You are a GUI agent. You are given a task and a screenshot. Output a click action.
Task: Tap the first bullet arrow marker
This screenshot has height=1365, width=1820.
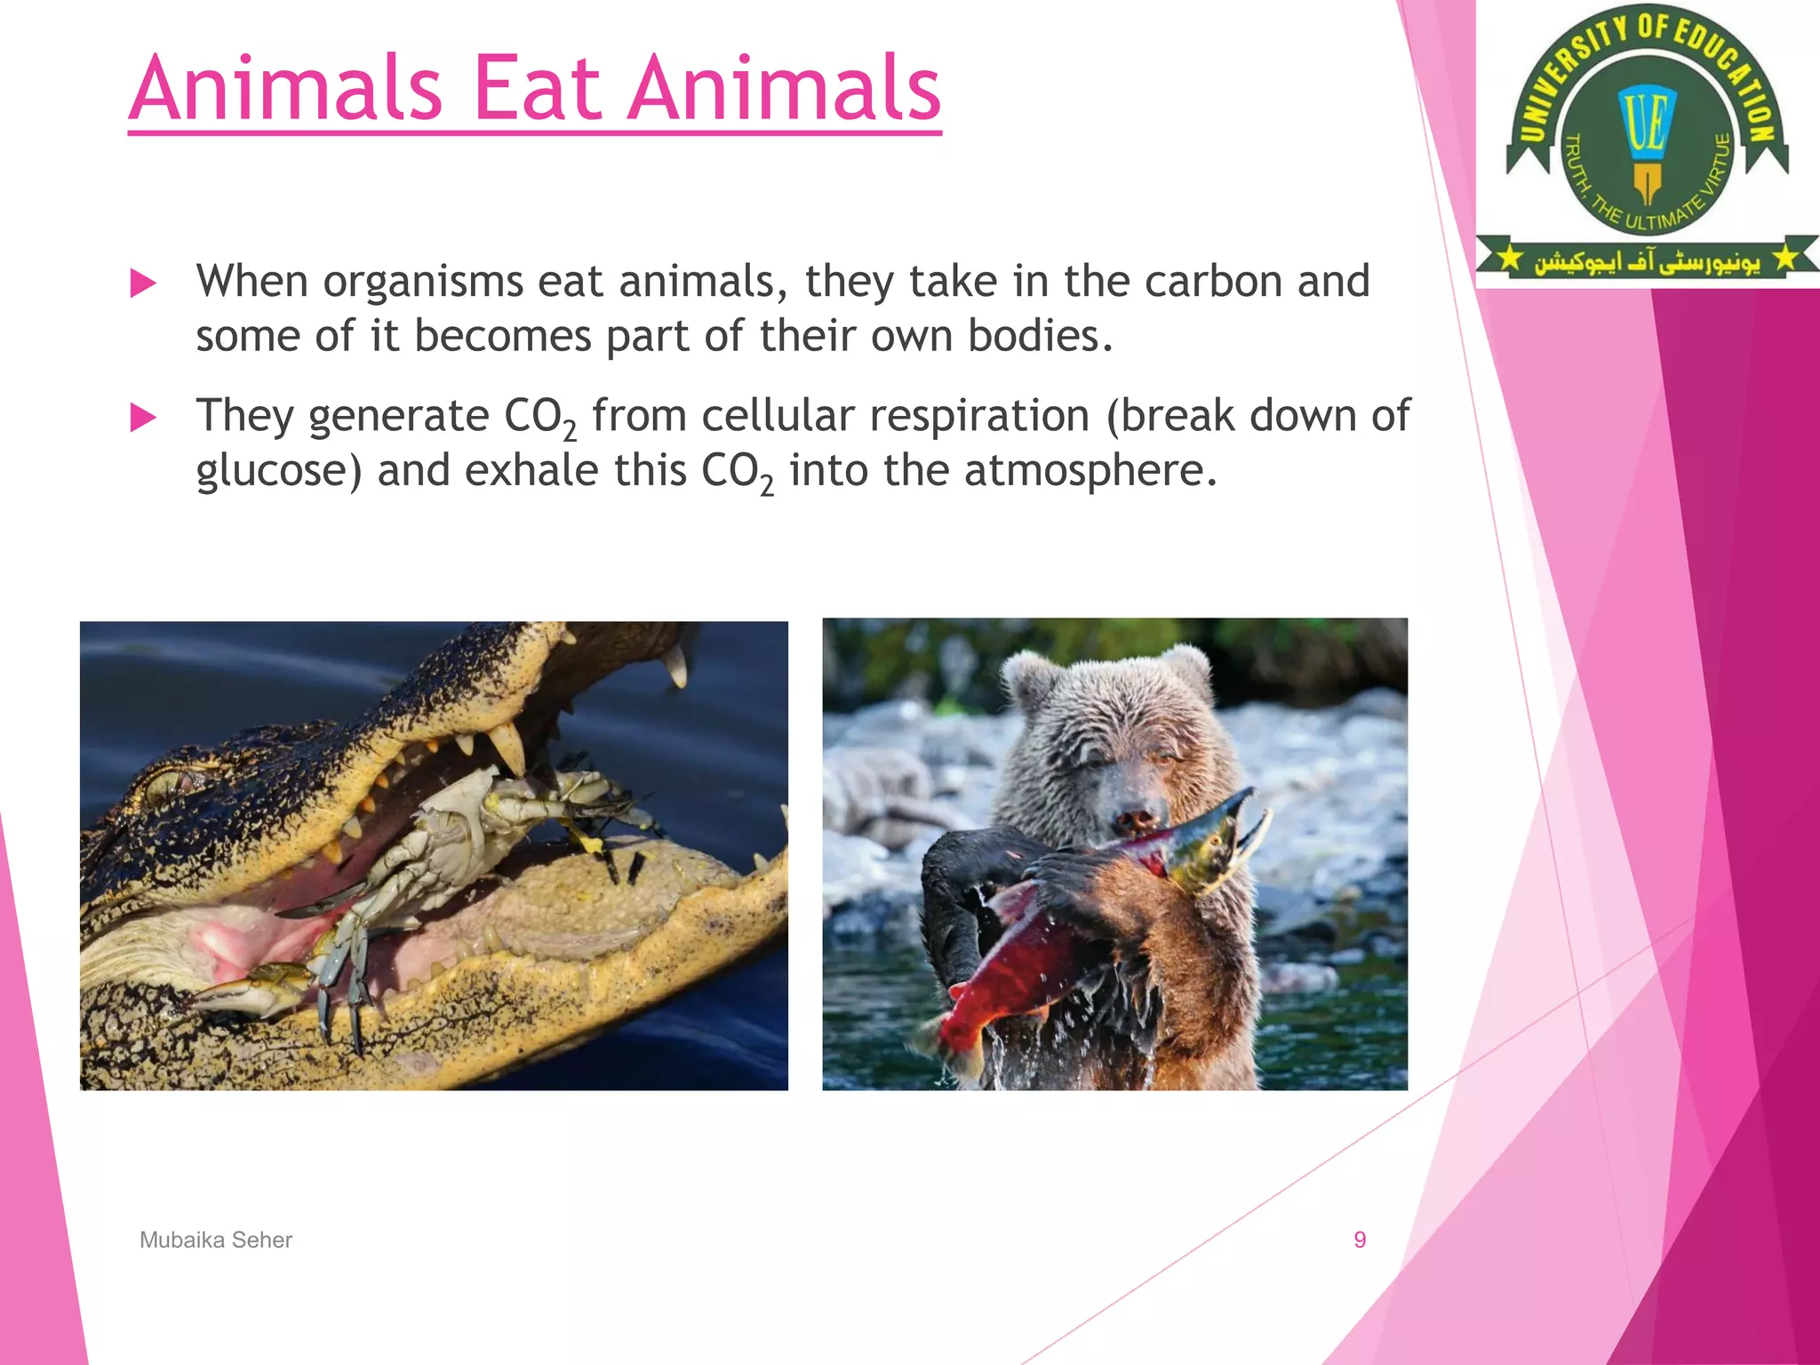point(143,283)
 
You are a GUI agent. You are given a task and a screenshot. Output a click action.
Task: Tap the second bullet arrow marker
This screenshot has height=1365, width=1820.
point(143,417)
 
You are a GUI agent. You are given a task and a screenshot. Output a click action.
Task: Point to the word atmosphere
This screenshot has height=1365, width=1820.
point(1090,471)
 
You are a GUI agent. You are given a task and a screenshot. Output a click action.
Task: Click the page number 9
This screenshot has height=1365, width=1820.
point(1359,1240)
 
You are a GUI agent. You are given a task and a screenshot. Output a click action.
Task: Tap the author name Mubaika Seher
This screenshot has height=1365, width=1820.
point(216,1240)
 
